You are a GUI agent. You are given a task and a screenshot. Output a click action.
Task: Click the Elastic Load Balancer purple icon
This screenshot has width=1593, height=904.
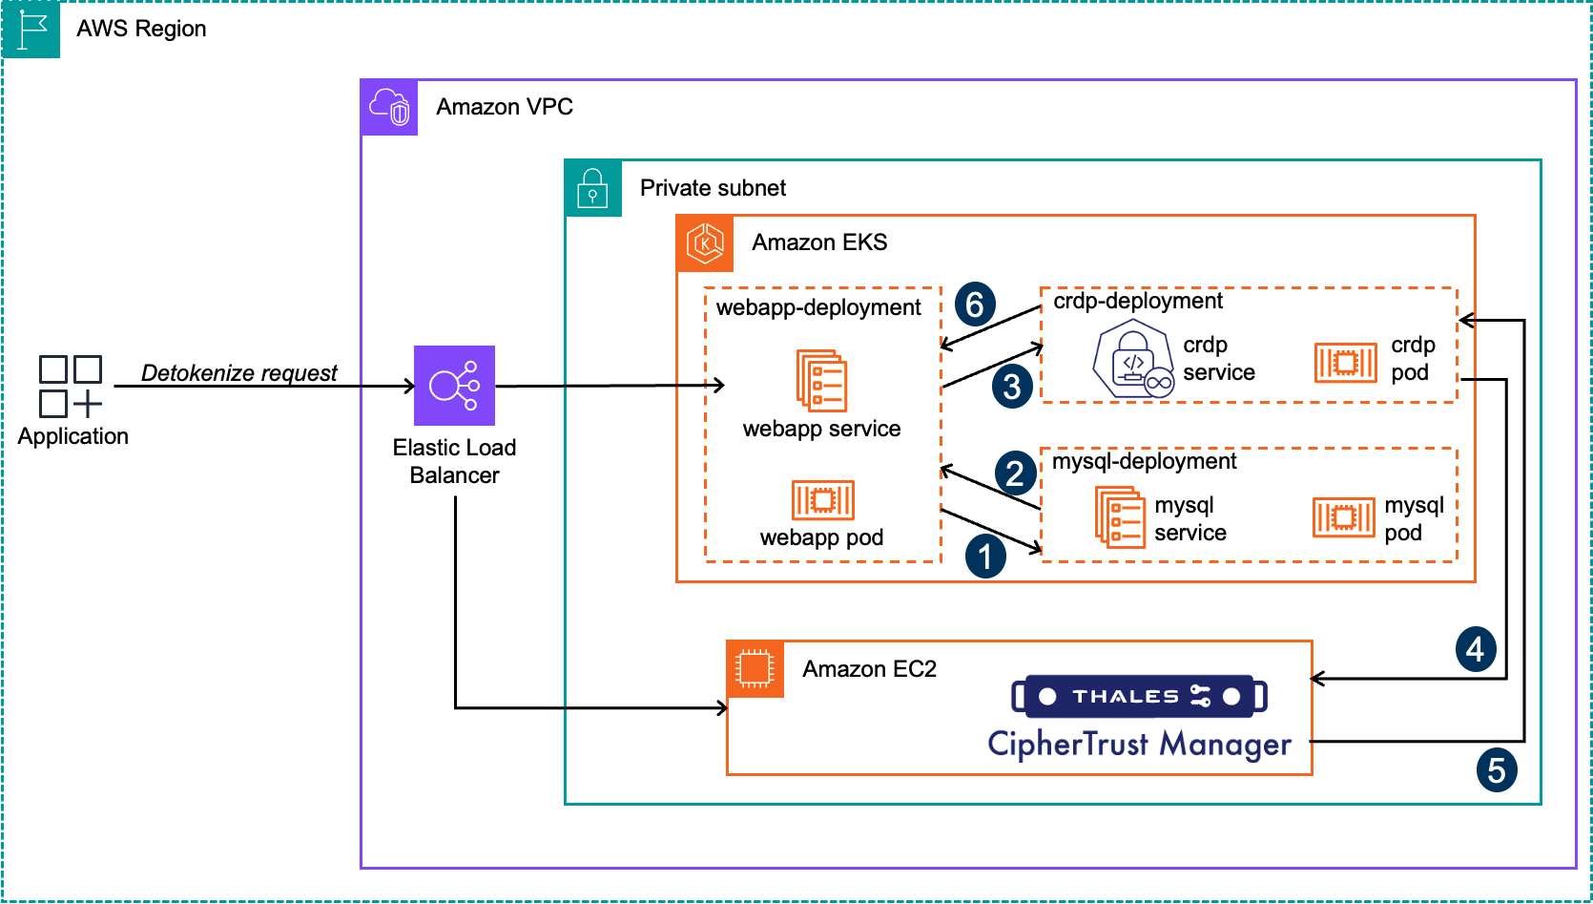454,386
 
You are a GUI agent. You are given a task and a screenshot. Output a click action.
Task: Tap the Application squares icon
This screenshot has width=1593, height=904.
71,387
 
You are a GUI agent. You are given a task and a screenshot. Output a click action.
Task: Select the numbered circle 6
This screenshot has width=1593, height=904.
974,305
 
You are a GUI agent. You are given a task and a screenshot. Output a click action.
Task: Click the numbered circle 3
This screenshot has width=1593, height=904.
1012,387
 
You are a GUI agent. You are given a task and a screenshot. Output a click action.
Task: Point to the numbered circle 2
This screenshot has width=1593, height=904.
1015,473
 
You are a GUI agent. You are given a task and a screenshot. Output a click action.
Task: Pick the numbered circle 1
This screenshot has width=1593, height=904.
985,557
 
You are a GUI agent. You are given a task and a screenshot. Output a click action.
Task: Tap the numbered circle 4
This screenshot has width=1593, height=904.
1475,649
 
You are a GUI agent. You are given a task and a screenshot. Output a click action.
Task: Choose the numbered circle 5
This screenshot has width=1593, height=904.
1496,769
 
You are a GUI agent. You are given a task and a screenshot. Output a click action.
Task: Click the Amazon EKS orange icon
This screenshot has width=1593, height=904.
705,243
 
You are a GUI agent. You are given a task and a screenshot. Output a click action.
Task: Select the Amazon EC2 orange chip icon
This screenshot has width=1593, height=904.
755,669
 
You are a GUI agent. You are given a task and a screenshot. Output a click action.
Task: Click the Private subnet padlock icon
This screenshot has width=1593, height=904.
592,188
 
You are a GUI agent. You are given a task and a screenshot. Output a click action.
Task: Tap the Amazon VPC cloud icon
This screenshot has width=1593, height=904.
389,107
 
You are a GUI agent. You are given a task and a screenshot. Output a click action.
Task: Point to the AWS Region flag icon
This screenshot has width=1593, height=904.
31,29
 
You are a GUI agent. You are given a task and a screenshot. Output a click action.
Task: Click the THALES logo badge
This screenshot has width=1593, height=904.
1139,696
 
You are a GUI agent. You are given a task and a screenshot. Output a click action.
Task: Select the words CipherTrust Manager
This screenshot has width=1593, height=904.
1139,744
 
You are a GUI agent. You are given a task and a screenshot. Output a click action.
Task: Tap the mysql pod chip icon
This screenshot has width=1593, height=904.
1343,517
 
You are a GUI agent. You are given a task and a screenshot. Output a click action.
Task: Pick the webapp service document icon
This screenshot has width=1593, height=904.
821,381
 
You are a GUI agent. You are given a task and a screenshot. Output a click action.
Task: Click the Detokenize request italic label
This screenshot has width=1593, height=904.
238,372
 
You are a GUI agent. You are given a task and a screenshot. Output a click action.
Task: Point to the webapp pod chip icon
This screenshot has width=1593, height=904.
822,499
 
